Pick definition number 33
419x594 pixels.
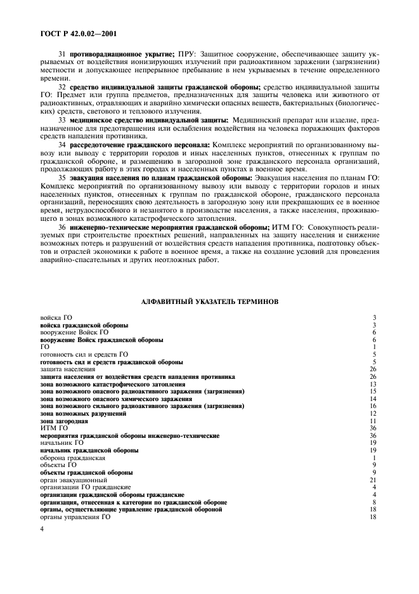(62, 119)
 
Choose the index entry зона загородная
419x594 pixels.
(64, 421)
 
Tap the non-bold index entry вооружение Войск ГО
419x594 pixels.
(74, 332)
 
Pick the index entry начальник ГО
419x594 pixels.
(61, 444)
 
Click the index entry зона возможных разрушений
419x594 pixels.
(82, 414)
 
